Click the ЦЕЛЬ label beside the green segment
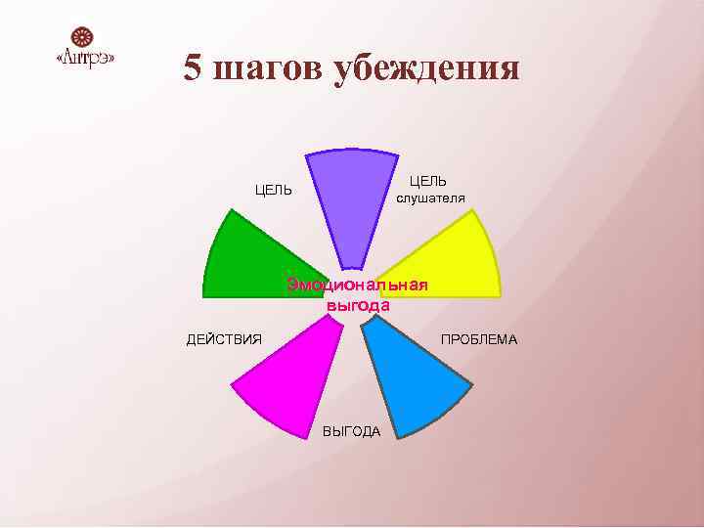(x=274, y=190)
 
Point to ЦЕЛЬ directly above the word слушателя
(x=428, y=181)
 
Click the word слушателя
(x=430, y=198)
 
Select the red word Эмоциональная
(x=357, y=285)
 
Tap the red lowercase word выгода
(x=358, y=305)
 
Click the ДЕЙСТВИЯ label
(x=224, y=339)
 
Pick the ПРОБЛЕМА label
(x=479, y=339)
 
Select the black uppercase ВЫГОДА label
(x=352, y=432)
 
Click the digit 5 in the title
(x=194, y=68)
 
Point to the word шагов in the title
(x=270, y=68)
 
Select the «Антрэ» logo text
(x=85, y=60)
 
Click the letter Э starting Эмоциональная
(x=291, y=285)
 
